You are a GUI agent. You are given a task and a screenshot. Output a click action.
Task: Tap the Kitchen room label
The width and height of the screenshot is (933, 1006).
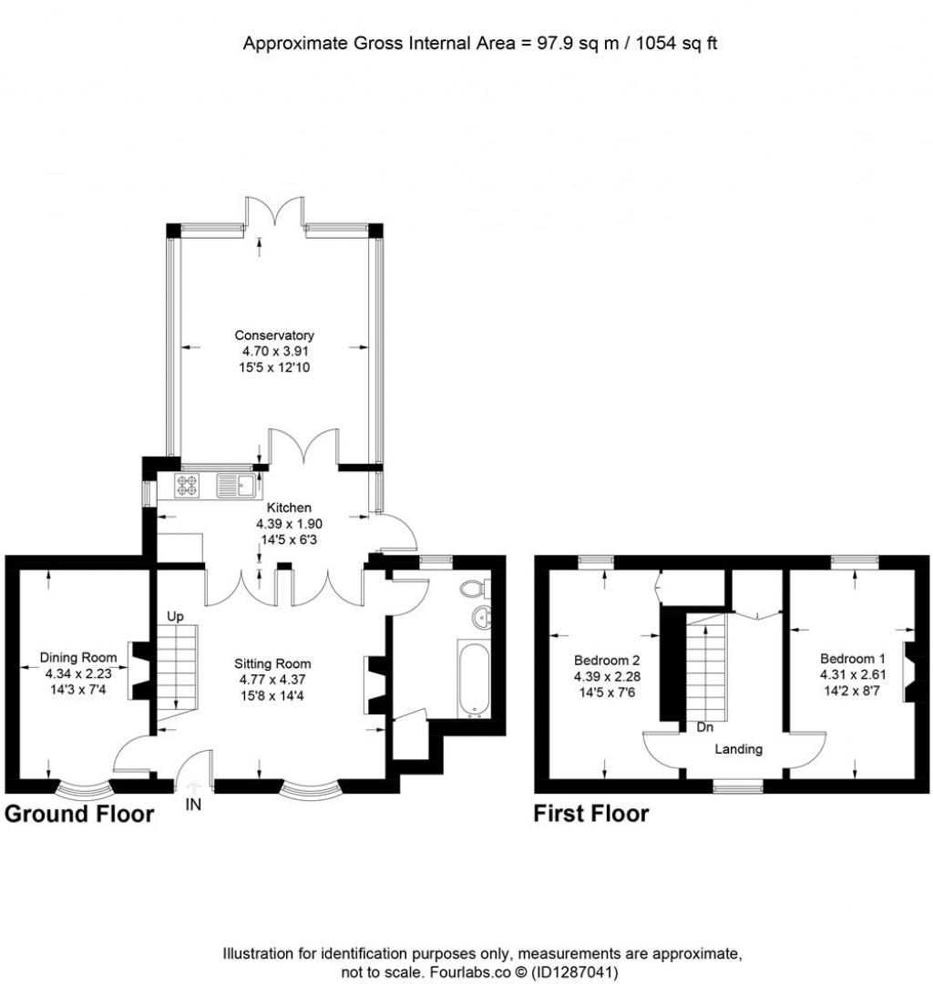[289, 508]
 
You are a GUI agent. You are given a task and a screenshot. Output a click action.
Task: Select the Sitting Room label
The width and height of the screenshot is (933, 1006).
[275, 663]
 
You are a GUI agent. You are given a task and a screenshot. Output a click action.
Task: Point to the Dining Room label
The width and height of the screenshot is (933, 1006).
[77, 657]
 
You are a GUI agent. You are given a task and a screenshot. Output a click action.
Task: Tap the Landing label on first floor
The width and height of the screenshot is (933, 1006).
[738, 749]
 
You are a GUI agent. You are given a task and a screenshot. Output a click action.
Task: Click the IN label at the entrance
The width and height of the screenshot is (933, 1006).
[194, 805]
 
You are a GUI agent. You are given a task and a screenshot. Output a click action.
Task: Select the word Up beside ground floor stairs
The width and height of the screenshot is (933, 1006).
[175, 617]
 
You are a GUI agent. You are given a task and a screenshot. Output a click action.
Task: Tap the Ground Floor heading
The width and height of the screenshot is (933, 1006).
[79, 813]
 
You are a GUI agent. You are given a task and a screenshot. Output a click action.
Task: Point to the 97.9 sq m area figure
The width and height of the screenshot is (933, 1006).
[566, 43]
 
